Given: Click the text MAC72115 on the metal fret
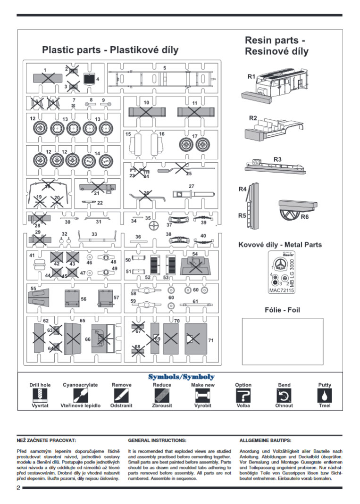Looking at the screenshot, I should tap(281, 291).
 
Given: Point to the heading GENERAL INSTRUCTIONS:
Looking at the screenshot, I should tap(157, 440).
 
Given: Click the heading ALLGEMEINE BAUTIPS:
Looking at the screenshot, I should tap(265, 440).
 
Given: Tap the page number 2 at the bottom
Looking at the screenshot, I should tap(18, 487).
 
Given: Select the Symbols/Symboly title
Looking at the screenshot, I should tap(181, 377).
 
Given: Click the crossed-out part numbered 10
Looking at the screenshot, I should tap(147, 112).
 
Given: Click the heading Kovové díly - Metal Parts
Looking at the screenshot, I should tap(280, 245).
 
